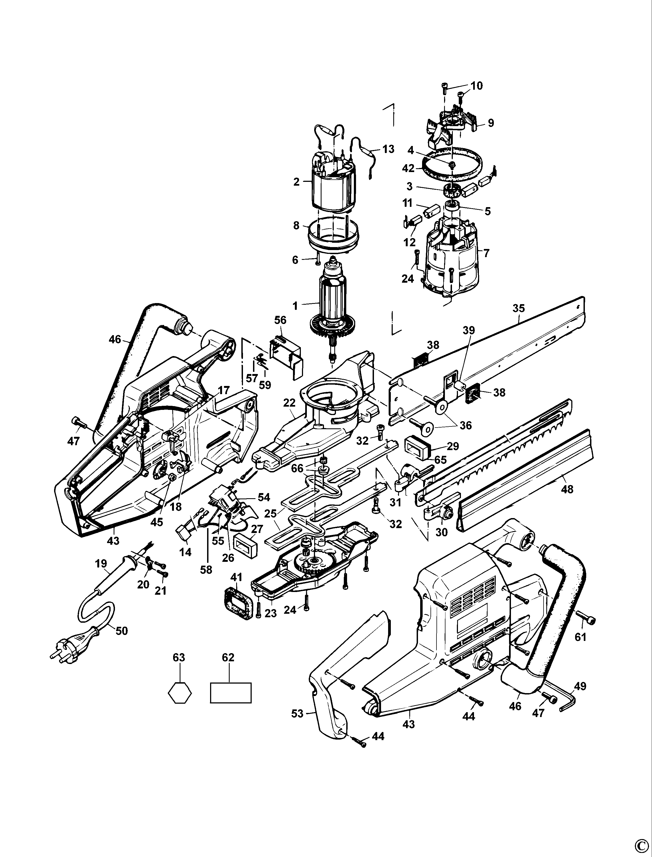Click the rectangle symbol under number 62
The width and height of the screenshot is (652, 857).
[230, 693]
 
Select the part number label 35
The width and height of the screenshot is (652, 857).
[519, 308]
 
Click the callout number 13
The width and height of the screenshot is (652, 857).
[388, 149]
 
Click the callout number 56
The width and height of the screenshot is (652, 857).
[280, 320]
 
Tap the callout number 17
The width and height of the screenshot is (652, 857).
[224, 390]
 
